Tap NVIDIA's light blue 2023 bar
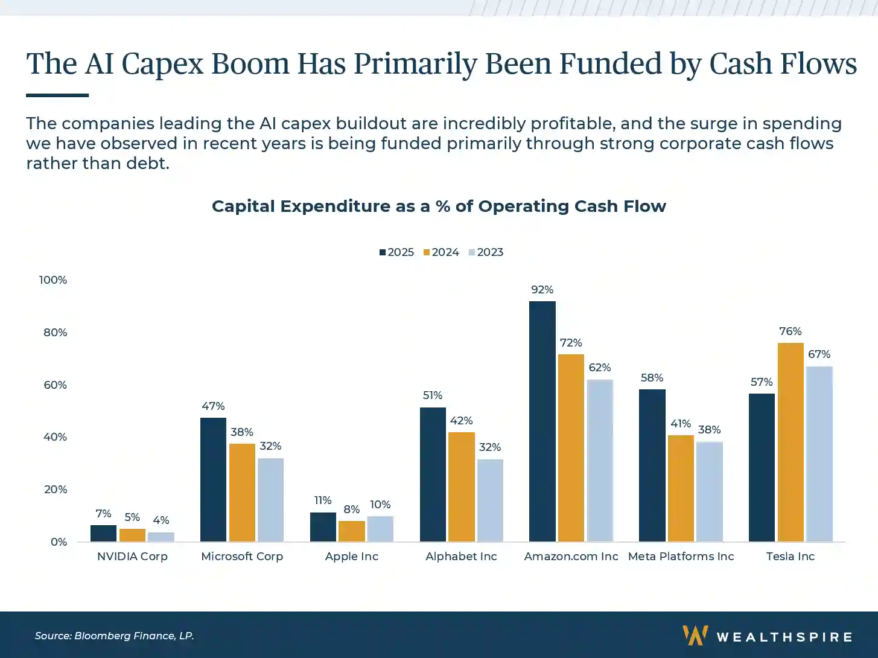161,537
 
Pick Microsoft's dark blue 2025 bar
213,479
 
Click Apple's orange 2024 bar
352,531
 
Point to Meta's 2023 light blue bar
709,491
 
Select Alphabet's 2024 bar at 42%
461,487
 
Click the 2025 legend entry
396,252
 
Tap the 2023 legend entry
486,252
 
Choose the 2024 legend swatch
427,252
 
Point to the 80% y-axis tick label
55,333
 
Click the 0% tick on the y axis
59,542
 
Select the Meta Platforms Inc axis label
681,557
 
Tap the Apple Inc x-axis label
352,557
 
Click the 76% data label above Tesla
790,331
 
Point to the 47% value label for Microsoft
213,406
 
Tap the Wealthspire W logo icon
695,636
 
